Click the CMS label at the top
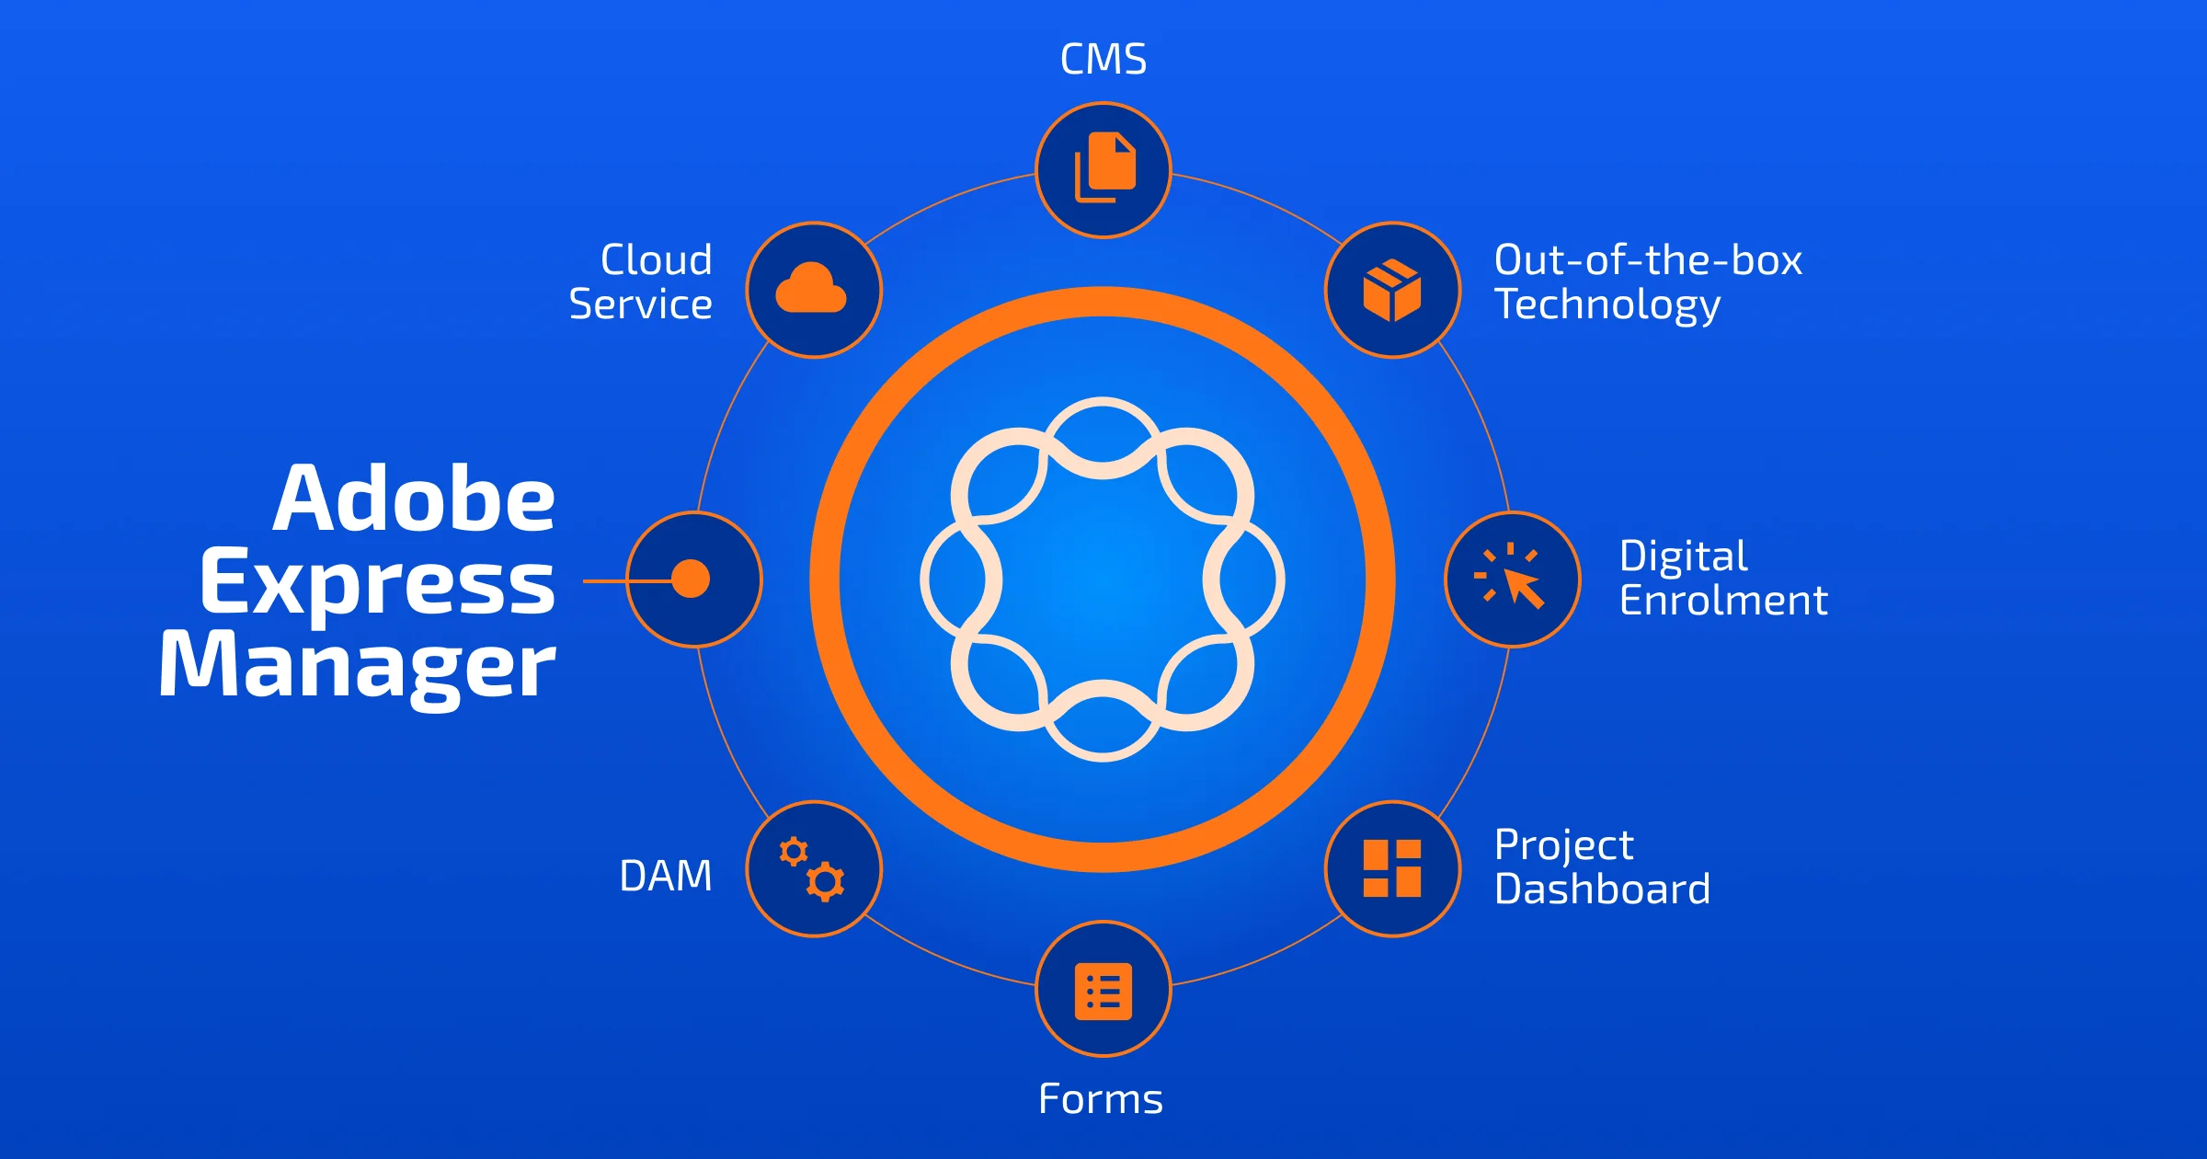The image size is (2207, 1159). click(x=1103, y=60)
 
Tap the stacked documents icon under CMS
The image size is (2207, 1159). click(x=1104, y=168)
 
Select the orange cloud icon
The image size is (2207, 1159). click(x=811, y=289)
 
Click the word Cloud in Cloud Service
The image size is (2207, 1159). click(x=656, y=260)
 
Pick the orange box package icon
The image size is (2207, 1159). click(x=1392, y=290)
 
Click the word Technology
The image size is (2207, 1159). click(x=1607, y=305)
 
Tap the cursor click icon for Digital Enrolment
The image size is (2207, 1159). click(x=1512, y=579)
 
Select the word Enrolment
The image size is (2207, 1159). click(x=1723, y=601)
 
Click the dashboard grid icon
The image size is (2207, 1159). click(x=1392, y=868)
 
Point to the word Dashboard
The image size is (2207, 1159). click(x=1602, y=889)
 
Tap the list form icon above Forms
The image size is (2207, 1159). click(x=1103, y=991)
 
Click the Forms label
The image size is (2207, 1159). click(x=1101, y=1099)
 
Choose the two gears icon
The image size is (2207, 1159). click(x=813, y=868)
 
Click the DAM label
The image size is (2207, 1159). click(x=666, y=876)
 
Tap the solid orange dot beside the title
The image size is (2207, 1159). click(x=691, y=579)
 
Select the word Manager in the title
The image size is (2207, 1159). click(x=357, y=666)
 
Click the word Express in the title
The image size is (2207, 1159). click(x=377, y=583)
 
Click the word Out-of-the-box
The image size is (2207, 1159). click(x=1648, y=260)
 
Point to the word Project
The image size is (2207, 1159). click(x=1563, y=845)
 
